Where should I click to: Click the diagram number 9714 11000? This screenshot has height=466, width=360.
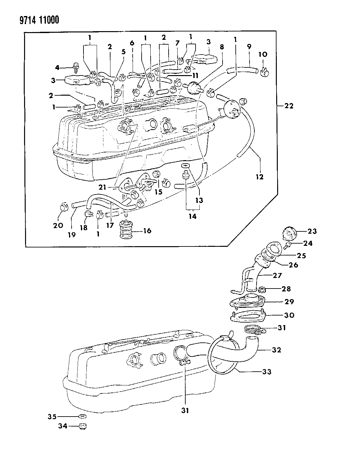(31, 21)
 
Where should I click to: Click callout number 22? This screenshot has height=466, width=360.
(289, 106)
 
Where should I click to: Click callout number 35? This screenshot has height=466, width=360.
(52, 417)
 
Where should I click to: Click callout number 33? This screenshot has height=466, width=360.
(267, 372)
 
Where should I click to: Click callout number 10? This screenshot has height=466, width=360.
(263, 54)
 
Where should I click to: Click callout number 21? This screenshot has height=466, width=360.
(102, 187)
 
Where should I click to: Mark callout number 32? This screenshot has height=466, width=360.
(276, 350)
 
